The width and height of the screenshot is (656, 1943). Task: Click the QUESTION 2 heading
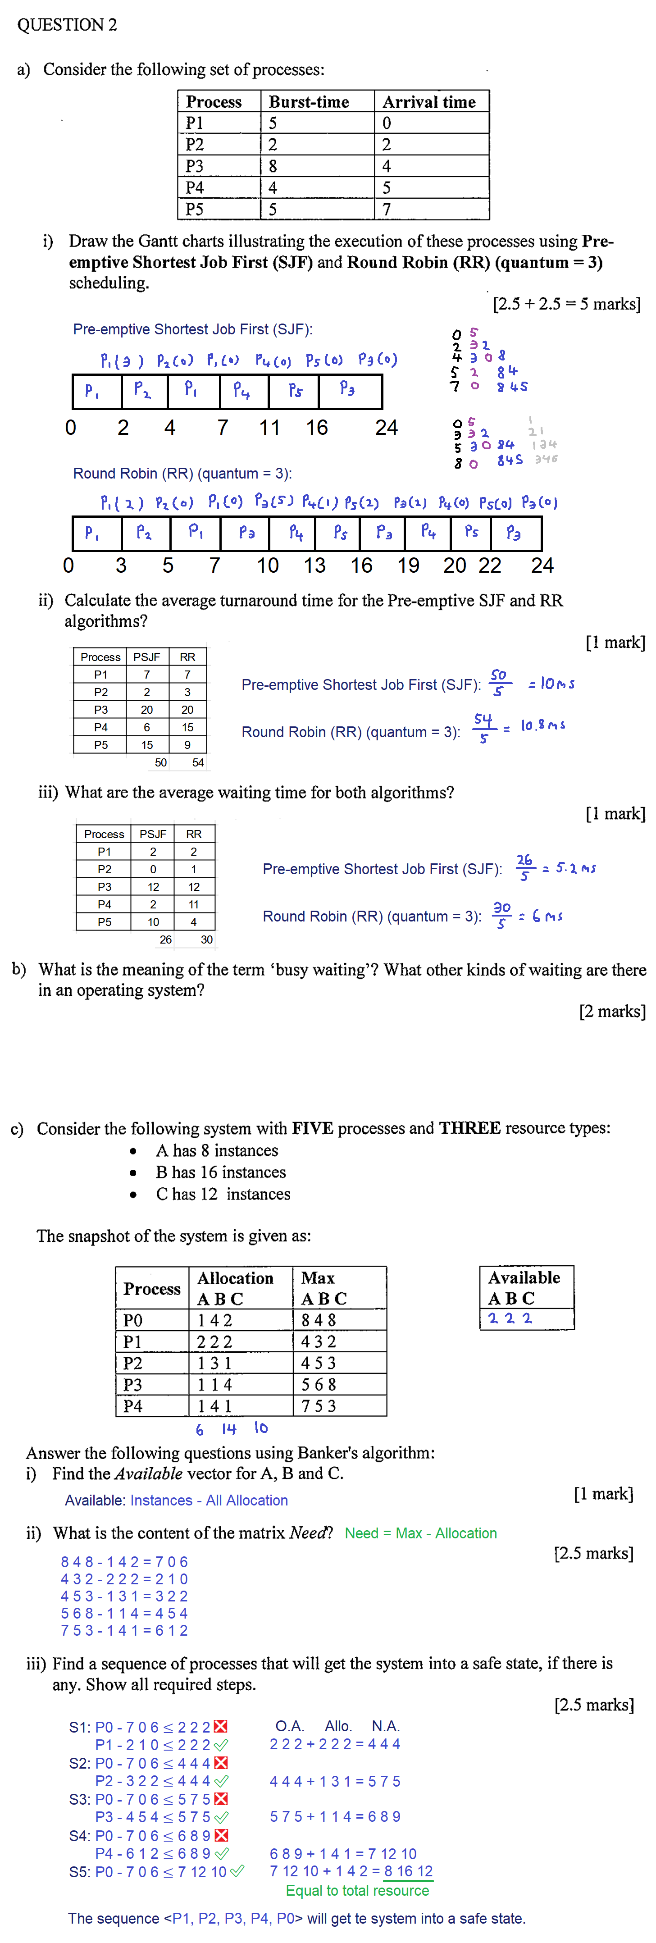click(67, 25)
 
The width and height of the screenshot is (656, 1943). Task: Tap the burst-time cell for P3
click(273, 166)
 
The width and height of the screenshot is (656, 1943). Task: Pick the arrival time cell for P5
click(387, 209)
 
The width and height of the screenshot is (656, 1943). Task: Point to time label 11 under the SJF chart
click(269, 428)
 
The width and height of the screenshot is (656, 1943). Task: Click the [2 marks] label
click(611, 1012)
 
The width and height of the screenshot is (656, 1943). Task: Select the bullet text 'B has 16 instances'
click(221, 1172)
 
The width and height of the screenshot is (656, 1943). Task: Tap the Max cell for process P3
click(319, 1385)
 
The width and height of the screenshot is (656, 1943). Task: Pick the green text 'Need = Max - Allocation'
click(421, 1533)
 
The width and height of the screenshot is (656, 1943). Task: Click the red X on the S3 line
click(221, 1799)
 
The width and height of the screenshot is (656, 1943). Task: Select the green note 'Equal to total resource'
click(357, 1890)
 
